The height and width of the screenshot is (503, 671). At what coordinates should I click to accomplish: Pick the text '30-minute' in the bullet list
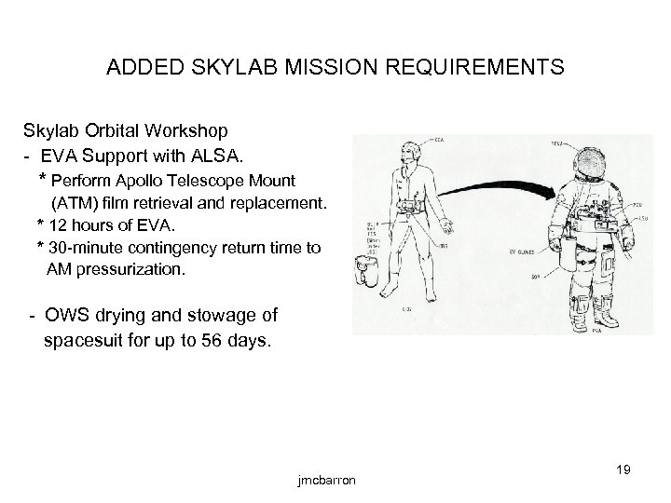coord(85,247)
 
